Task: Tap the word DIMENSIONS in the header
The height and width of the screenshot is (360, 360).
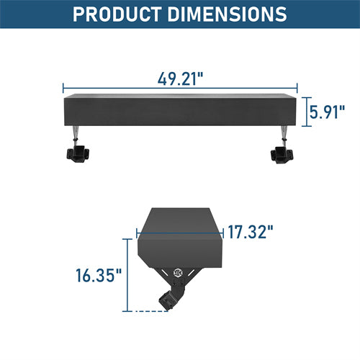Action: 228,14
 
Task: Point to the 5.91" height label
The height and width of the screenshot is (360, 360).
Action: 328,112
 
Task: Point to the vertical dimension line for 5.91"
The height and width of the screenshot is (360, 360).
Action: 306,112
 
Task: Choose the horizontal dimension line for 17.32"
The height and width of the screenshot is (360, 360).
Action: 180,233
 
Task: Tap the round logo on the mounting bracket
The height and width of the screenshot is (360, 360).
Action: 179,273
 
